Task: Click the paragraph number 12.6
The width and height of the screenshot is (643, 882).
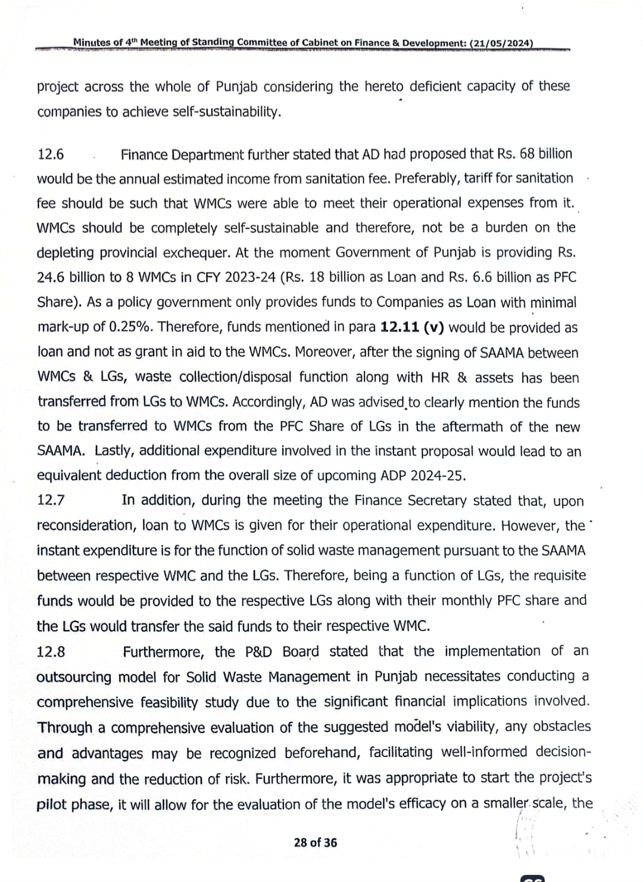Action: click(51, 155)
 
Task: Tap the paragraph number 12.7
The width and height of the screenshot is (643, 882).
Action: click(51, 501)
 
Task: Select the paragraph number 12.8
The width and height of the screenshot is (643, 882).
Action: click(51, 652)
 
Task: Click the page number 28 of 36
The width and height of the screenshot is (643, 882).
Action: click(315, 842)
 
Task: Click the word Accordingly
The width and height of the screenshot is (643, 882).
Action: click(270, 402)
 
